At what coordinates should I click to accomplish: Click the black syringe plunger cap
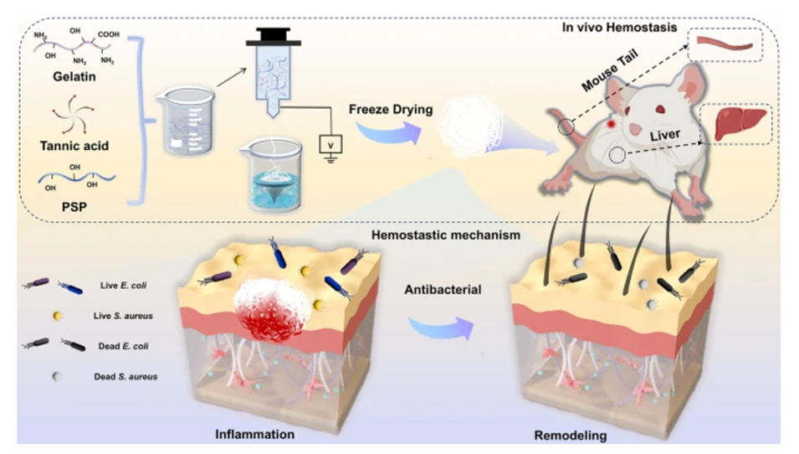[269, 36]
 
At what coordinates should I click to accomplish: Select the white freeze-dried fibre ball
[469, 125]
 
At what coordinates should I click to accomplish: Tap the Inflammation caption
[256, 436]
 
